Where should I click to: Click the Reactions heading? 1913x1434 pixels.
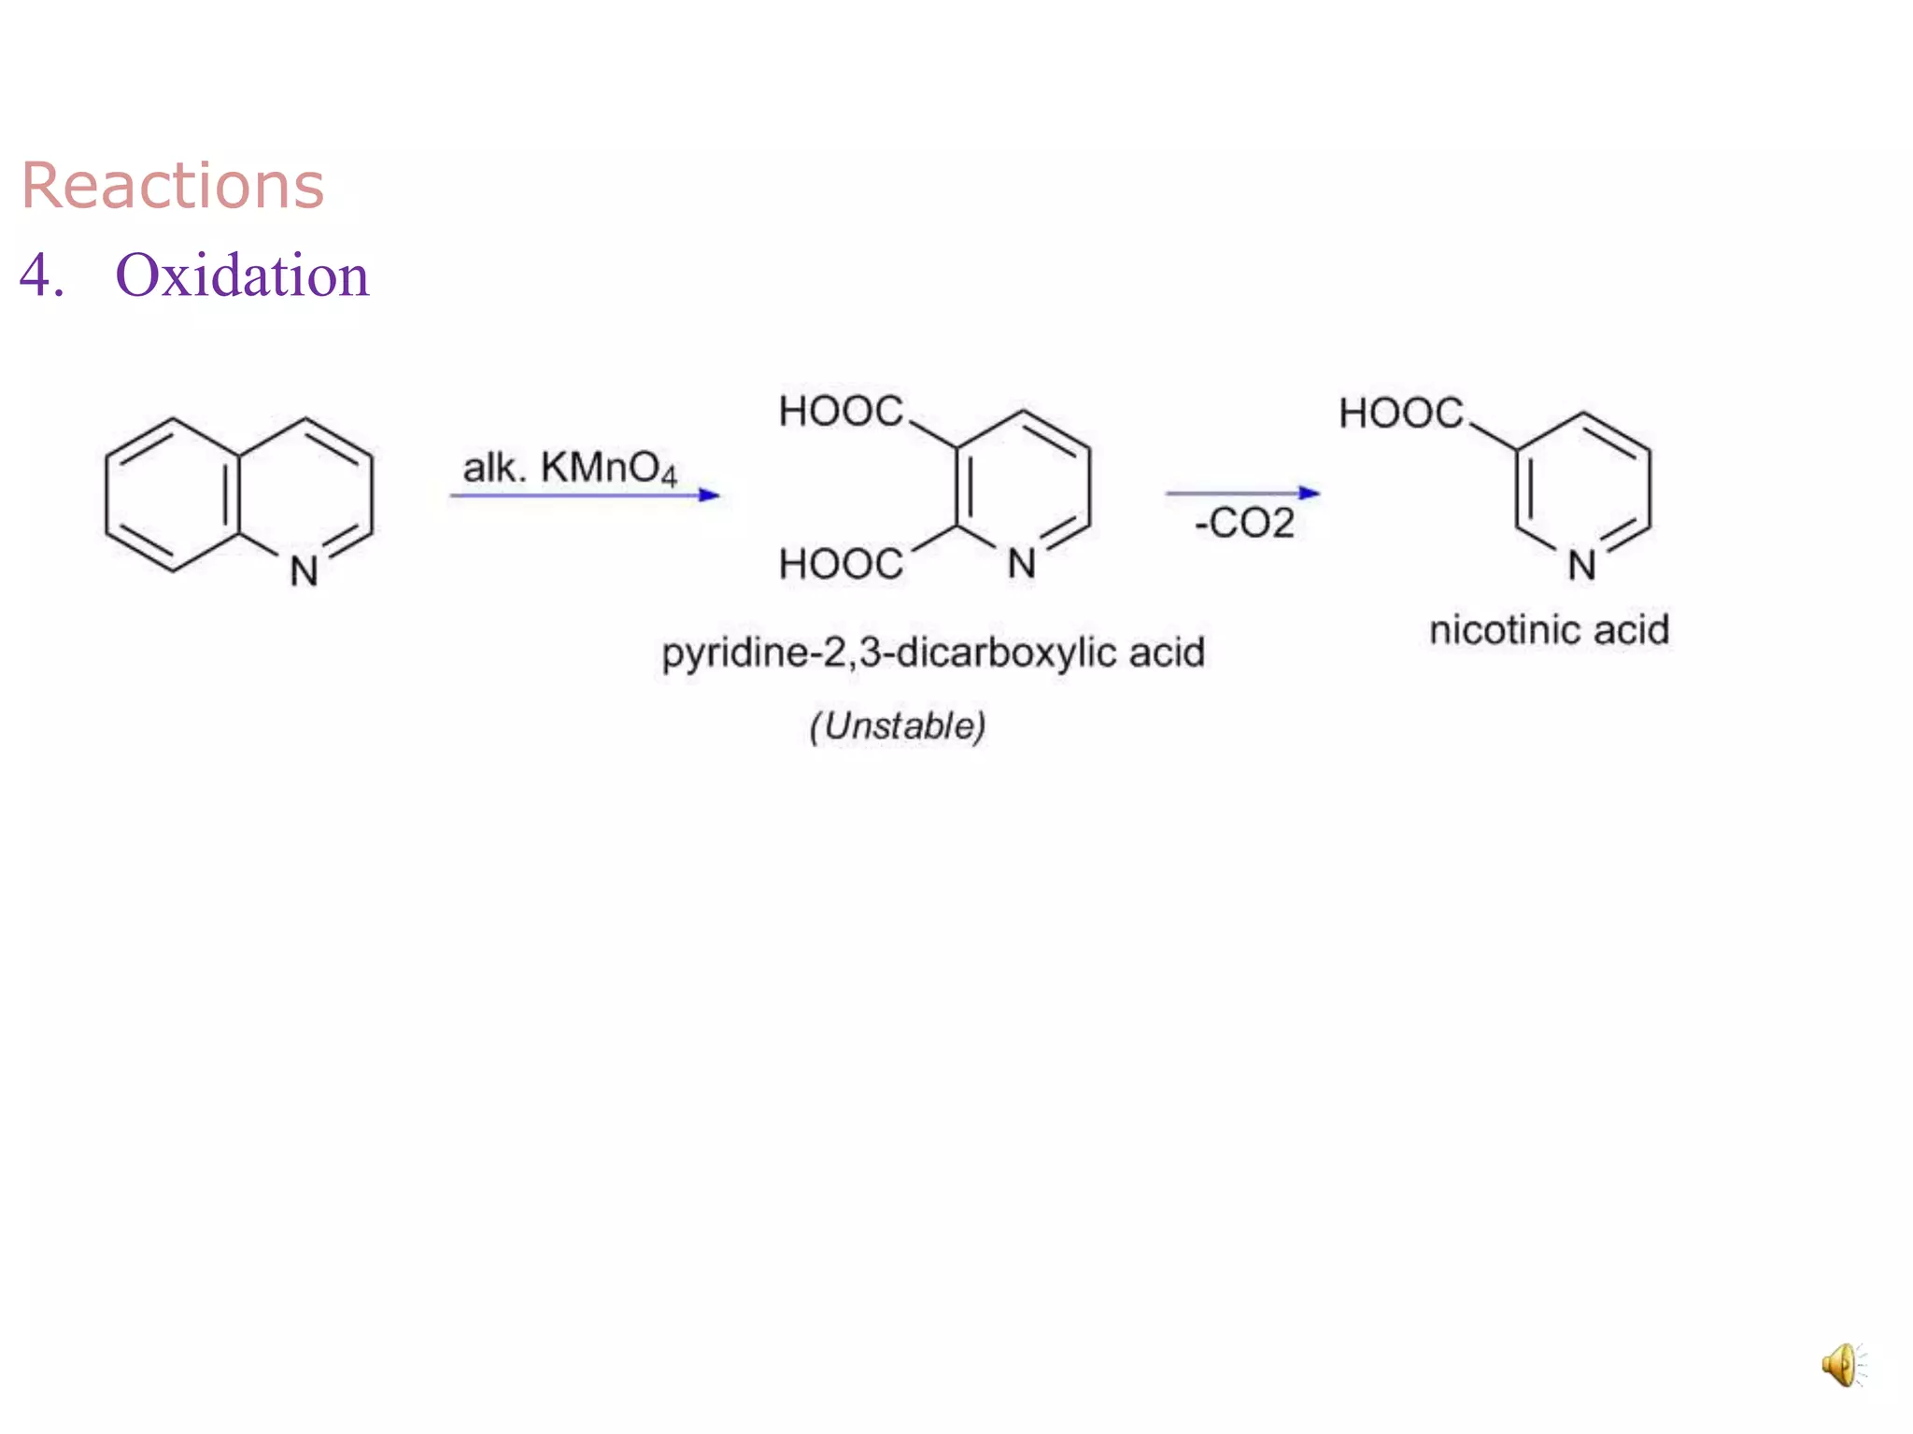click(173, 185)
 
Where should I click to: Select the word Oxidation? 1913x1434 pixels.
click(242, 275)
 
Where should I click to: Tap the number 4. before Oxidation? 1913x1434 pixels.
click(42, 275)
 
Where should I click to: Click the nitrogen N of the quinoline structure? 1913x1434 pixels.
click(304, 571)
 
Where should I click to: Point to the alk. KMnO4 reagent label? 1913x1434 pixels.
click(570, 468)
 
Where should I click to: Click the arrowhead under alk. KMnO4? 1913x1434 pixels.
click(710, 495)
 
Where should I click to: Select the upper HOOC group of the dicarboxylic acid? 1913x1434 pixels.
click(841, 412)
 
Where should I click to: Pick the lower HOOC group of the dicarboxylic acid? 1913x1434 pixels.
click(841, 565)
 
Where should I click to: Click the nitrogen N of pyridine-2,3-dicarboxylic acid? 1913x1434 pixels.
click(1022, 564)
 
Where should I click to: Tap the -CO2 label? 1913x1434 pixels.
click(1245, 523)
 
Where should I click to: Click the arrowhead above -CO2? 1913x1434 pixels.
click(1310, 492)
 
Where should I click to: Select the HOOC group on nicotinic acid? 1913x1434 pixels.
click(1400, 414)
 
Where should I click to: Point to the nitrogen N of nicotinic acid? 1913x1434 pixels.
click(1581, 566)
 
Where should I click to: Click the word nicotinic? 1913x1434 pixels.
click(1504, 630)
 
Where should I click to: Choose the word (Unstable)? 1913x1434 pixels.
click(898, 725)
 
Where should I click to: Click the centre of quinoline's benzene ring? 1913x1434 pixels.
click(174, 495)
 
